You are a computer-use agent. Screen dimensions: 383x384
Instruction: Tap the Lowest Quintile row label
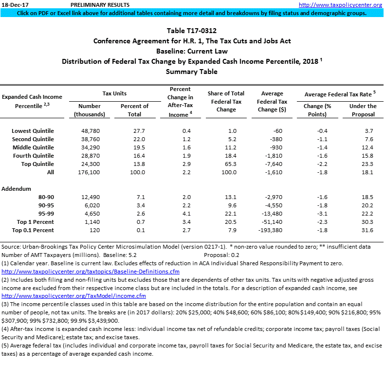coord(33,131)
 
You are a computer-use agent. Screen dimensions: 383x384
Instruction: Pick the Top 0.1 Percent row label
coord(33,230)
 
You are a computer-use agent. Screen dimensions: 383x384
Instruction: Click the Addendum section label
coord(17,188)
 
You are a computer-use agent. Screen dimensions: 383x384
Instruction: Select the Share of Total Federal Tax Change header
coord(226,102)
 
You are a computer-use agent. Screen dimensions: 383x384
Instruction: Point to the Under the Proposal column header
coord(363,110)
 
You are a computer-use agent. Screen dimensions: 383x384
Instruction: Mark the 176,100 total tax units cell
coord(89,172)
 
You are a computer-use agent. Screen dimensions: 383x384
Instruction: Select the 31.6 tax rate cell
coord(368,230)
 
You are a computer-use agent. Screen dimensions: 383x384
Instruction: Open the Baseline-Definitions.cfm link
coord(91,271)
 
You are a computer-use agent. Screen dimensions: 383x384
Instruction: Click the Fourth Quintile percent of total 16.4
coord(134,156)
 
